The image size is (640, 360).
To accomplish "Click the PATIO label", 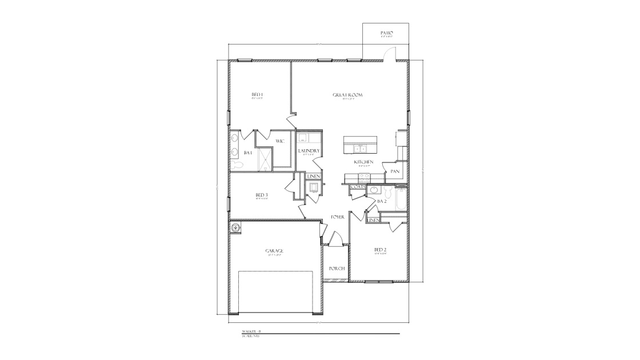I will pos(387,34).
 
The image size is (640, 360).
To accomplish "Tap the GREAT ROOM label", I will pos(348,95).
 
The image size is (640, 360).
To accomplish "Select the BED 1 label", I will pos(257,95).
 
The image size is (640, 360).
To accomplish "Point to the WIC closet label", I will pos(280,141).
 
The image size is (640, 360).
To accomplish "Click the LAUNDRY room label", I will pos(309,151).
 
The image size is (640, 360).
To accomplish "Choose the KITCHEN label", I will pos(363,162).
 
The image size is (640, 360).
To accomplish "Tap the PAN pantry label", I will pos(395,171).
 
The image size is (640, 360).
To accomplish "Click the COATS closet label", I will pos(358,187).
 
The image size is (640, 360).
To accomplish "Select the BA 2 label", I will pos(382,201).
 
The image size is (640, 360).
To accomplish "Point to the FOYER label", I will pos(338,217).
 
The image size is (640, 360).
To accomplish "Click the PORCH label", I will pos(336,268).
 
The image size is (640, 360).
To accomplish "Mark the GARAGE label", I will pos(274,251).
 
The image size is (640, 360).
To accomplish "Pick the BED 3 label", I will pos(262,195).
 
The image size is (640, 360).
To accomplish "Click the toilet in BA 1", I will pos(236,165).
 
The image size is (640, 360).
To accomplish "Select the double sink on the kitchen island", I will pos(361,150).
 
